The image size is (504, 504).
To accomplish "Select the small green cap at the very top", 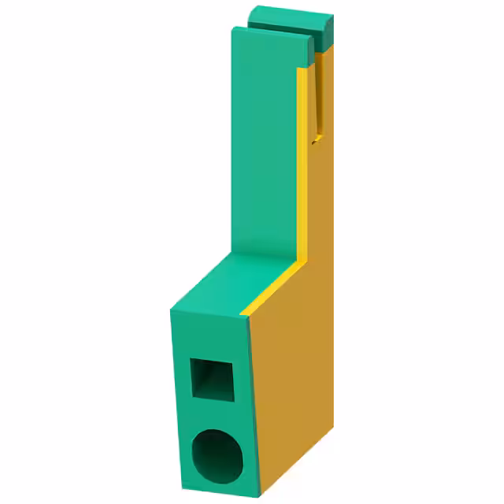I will pyautogui.click(x=287, y=17).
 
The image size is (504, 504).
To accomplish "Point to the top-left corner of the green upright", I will pyautogui.click(x=234, y=29).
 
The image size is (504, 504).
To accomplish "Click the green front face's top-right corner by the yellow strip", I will pyautogui.click(x=245, y=314).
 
